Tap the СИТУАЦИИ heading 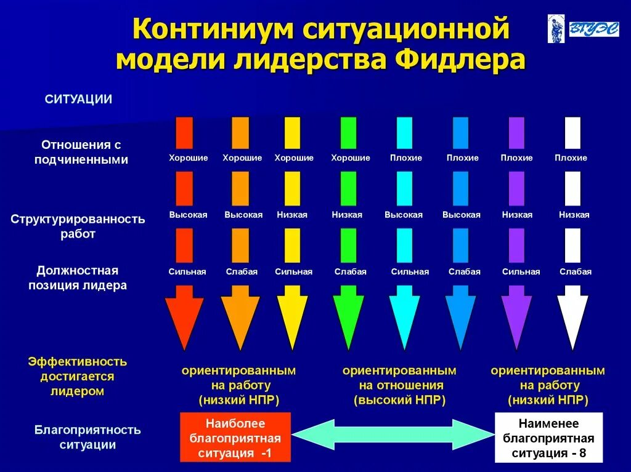click(78, 99)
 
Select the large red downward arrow click(184, 320)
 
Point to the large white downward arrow click(572, 320)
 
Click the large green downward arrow click(348, 320)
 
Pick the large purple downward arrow click(516, 320)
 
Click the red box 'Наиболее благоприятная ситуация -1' click(235, 438)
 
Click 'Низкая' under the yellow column click(292, 215)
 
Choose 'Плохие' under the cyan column click(406, 158)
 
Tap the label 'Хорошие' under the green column click(350, 158)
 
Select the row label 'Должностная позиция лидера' click(78, 278)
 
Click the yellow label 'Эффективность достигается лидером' click(78, 375)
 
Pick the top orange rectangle click(240, 133)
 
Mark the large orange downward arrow click(240, 320)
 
